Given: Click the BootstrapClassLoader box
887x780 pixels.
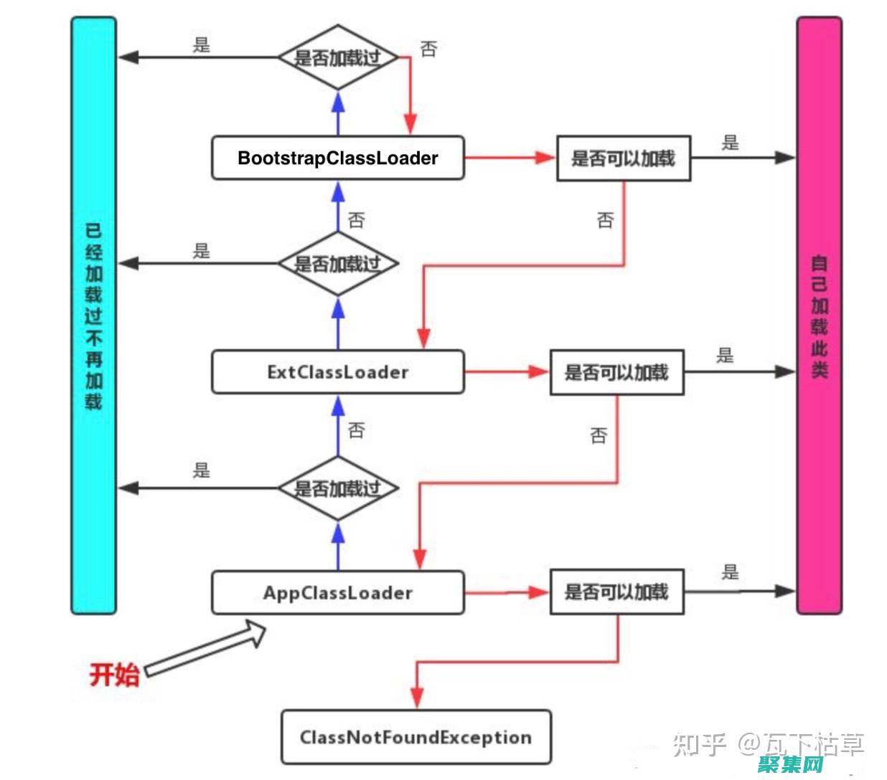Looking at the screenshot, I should (x=337, y=158).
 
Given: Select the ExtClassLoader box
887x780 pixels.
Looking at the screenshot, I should (x=337, y=372).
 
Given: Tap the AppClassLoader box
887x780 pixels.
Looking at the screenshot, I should (x=337, y=593).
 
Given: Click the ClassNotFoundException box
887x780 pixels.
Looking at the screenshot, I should (x=416, y=737).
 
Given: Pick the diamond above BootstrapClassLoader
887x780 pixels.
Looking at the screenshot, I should (x=337, y=57).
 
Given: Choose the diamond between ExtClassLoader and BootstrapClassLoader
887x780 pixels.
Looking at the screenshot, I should (x=337, y=264).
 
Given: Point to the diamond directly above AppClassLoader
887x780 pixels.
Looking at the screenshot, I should (x=337, y=488).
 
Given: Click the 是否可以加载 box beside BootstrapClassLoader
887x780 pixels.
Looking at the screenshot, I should (x=623, y=158).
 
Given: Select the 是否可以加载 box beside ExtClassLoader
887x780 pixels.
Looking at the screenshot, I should (x=616, y=372).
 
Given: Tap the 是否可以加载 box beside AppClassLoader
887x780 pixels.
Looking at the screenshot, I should (x=616, y=592).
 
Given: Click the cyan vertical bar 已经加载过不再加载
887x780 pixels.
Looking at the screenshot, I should (x=93, y=315).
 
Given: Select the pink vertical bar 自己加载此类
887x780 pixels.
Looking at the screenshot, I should (x=819, y=315).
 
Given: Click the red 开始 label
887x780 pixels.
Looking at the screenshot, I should (x=114, y=675).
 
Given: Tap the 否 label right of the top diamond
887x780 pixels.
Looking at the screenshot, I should (x=428, y=49).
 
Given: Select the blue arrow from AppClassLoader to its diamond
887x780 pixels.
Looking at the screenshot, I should (x=338, y=545).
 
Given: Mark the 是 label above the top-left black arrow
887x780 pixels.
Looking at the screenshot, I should (x=202, y=45).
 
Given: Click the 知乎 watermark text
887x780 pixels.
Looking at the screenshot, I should (x=700, y=745).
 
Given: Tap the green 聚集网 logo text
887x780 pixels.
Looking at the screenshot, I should (x=790, y=765).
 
